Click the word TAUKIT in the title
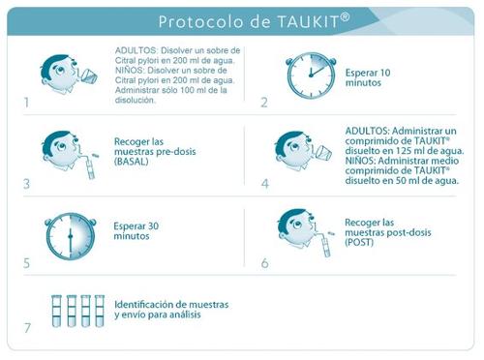tap(308, 22)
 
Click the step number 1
tap(26, 103)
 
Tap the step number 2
tap(264, 103)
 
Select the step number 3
tap(27, 184)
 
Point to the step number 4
tap(265, 184)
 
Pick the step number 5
tap(27, 263)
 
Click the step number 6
tap(265, 263)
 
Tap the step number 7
tap(27, 328)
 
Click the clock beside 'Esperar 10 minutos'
tap(311, 75)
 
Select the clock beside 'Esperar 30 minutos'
tap(71, 236)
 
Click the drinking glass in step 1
tap(88, 75)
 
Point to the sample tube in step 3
tap(90, 169)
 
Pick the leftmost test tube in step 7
tap(56, 311)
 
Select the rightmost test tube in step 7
tap(100, 311)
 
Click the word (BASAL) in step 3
tap(131, 162)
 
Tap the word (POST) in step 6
tap(359, 243)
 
